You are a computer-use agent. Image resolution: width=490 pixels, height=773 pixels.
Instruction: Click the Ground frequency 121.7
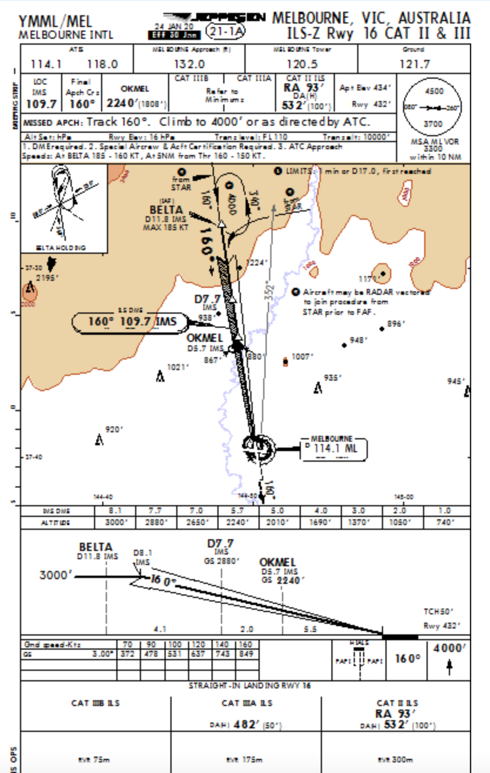tap(414, 64)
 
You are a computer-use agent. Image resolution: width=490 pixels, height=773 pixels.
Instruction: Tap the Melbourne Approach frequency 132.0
tap(189, 64)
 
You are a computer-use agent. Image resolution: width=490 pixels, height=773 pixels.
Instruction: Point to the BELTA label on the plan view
tap(166, 210)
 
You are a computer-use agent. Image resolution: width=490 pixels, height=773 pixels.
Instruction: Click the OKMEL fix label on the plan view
tap(204, 338)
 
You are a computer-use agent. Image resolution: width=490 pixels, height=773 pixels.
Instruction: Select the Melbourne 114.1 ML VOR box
tap(334, 448)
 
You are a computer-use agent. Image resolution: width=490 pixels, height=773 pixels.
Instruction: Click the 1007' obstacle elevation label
tap(303, 357)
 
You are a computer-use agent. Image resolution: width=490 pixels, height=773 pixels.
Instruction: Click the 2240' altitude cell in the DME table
tap(237, 522)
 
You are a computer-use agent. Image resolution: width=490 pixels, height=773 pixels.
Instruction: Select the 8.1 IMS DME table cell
tap(115, 511)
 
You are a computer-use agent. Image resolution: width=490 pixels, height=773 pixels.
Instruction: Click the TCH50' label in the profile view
tap(439, 611)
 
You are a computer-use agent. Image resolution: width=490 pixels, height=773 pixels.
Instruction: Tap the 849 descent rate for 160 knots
tap(245, 653)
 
